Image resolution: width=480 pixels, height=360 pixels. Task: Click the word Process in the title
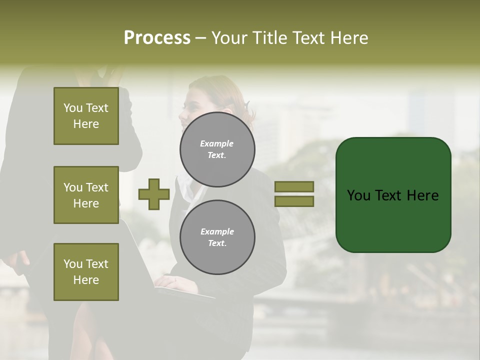(x=157, y=38)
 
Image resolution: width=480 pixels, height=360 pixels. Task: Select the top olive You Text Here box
(x=86, y=116)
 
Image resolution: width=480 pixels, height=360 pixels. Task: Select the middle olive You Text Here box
(x=86, y=195)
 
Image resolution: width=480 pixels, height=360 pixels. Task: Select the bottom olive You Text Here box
(x=86, y=272)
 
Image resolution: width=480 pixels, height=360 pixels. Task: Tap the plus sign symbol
(x=154, y=194)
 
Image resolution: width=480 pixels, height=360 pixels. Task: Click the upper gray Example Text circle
(x=217, y=149)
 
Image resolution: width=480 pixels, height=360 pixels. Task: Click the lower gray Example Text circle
(x=217, y=237)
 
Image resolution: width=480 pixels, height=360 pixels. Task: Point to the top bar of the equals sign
(x=294, y=187)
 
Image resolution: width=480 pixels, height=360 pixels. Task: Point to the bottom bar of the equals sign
(x=294, y=201)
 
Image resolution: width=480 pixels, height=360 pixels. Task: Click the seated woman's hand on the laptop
(x=172, y=282)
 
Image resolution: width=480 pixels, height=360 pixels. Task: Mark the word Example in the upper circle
(x=217, y=143)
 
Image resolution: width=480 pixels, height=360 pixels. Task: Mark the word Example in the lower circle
(x=217, y=231)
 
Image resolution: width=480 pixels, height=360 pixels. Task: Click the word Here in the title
(x=348, y=38)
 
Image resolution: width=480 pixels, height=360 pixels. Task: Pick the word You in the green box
(x=358, y=195)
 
